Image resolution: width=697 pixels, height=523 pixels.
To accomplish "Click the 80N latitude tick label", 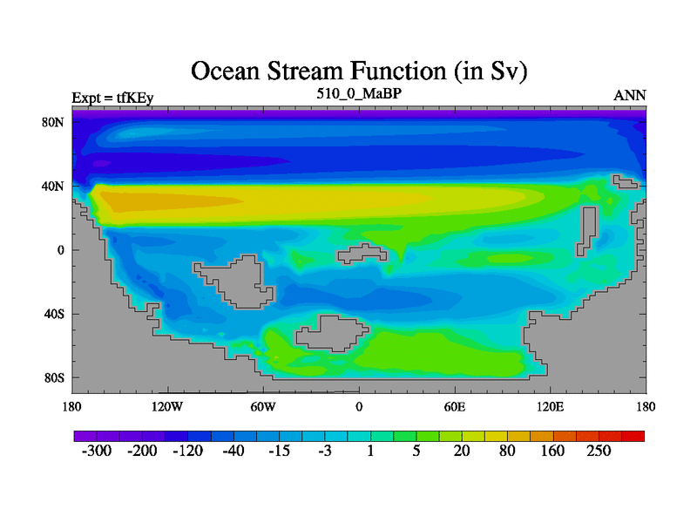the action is tap(53, 122).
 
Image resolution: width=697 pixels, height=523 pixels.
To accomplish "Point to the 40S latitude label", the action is tap(54, 314).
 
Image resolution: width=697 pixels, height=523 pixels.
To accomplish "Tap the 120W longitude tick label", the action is tap(167, 407).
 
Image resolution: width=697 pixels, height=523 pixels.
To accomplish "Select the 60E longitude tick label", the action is tap(455, 407).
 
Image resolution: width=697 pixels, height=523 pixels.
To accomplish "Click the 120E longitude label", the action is tap(551, 407).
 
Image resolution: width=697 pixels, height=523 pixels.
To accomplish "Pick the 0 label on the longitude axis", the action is tap(359, 407).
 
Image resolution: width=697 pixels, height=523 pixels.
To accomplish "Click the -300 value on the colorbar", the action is tap(97, 451).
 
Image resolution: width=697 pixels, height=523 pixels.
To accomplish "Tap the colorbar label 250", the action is tap(599, 451).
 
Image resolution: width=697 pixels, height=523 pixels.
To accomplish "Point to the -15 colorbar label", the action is tap(279, 451).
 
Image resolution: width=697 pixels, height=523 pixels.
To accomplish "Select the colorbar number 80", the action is tap(507, 451).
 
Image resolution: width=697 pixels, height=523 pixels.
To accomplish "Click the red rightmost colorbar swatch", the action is tap(633, 437).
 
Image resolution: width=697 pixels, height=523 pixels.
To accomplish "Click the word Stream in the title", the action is tap(307, 71).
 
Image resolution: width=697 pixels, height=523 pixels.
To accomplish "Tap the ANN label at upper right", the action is tap(630, 96).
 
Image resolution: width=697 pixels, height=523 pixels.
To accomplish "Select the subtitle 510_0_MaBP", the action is tap(359, 94).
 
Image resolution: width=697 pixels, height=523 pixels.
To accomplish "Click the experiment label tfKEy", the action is tap(135, 98).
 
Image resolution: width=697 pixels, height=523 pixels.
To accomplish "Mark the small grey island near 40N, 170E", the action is tap(625, 182).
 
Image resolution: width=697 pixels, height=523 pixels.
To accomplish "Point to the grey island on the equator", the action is tap(362, 254).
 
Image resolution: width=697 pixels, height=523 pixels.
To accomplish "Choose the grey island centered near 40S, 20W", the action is tap(332, 334).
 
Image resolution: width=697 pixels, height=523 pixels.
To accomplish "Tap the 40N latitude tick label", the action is tap(53, 187).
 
